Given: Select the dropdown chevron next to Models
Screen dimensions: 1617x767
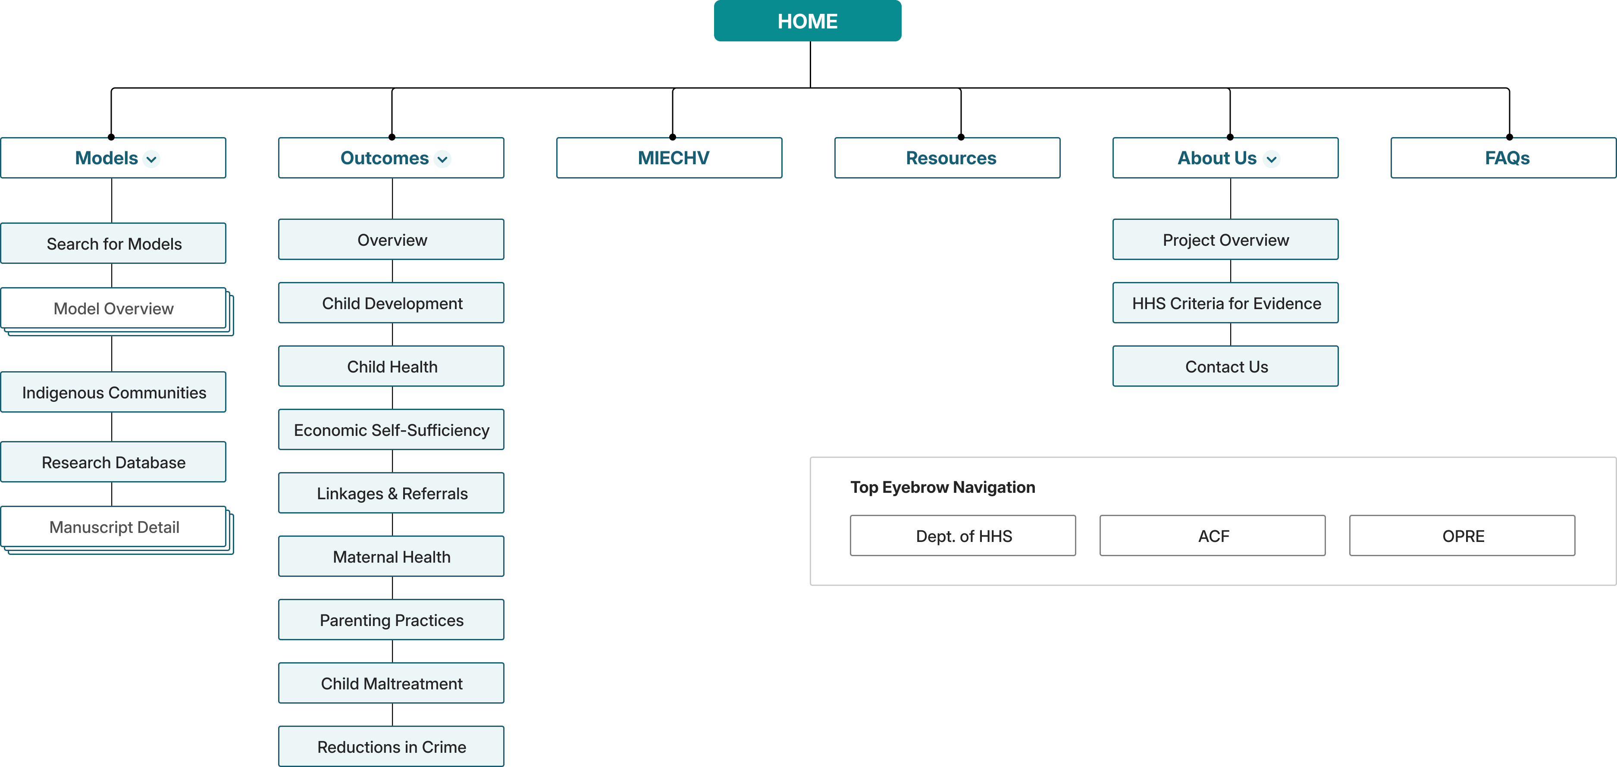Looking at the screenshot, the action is pos(151,159).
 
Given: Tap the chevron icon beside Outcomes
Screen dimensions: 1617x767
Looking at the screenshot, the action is pos(442,159).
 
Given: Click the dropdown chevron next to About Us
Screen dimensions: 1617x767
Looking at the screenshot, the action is pos(1271,159).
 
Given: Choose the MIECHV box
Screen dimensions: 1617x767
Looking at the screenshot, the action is pos(669,157).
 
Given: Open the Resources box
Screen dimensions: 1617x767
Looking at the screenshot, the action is pos(947,157).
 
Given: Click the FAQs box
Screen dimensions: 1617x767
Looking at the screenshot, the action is pos(1504,157).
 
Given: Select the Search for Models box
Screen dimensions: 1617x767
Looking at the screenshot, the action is pos(113,243).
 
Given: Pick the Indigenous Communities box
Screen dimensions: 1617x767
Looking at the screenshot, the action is pos(113,391).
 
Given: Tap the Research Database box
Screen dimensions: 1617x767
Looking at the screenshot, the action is pos(113,462).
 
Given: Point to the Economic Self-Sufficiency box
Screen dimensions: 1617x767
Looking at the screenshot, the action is pos(391,429).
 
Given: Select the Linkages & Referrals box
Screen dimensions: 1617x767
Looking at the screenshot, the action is pos(391,493).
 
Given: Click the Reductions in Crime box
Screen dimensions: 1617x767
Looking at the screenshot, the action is pos(391,746).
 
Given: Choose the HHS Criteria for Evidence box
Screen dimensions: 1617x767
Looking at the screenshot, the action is pos(1225,303).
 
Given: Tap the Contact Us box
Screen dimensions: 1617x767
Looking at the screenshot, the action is pos(1225,366).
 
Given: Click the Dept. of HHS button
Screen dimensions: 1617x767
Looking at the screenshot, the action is pos(963,535).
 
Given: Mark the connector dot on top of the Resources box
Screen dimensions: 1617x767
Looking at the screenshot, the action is pos(961,137).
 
